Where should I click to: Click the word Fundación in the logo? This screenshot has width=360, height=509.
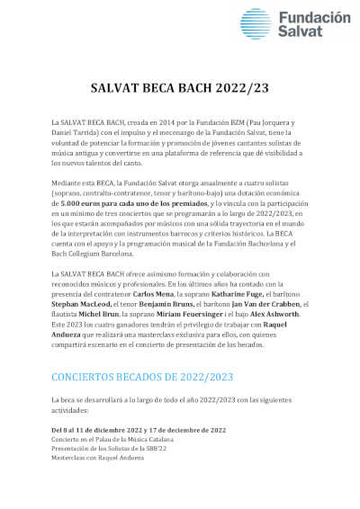[314, 18]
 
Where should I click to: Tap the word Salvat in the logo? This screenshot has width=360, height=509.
[299, 33]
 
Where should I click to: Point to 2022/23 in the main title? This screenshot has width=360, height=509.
[237, 88]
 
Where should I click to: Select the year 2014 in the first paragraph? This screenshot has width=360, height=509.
[139, 121]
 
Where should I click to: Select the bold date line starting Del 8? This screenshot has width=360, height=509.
[139, 430]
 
